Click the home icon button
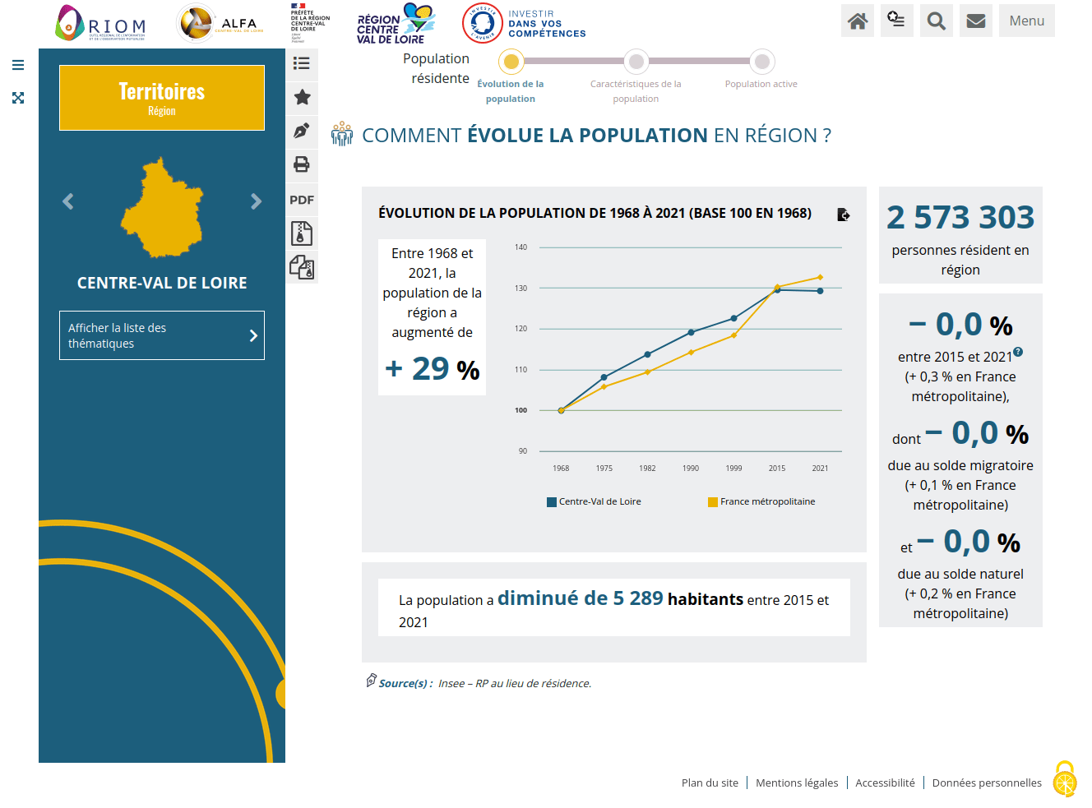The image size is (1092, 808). pyautogui.click(x=858, y=21)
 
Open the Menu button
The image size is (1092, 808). pyautogui.click(x=1026, y=21)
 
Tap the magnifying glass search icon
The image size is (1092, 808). pyautogui.click(x=937, y=21)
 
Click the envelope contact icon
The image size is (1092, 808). pyautogui.click(x=976, y=21)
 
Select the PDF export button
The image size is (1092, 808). pyautogui.click(x=302, y=200)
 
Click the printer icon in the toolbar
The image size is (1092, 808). pyautogui.click(x=302, y=164)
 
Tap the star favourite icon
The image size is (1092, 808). pyautogui.click(x=302, y=97)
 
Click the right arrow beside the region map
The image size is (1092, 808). pyautogui.click(x=256, y=201)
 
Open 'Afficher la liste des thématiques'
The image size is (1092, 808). pyautogui.click(x=162, y=335)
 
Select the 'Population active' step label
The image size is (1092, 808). pyautogui.click(x=761, y=84)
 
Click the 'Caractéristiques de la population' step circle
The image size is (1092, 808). pyautogui.click(x=636, y=62)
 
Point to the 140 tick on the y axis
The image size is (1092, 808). pyautogui.click(x=521, y=247)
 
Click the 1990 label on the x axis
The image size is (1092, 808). pyautogui.click(x=691, y=469)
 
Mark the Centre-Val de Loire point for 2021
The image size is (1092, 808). pyautogui.click(x=820, y=291)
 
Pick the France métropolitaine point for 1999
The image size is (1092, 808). pyautogui.click(x=733, y=335)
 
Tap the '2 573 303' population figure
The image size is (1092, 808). pyautogui.click(x=960, y=218)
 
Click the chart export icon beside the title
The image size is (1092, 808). pyautogui.click(x=843, y=215)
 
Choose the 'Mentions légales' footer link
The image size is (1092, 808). pyautogui.click(x=797, y=783)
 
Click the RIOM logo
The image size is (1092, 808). pyautogui.click(x=101, y=23)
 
